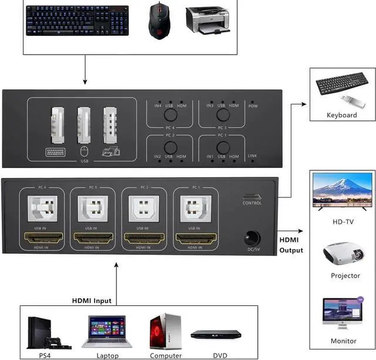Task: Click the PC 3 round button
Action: tap(221, 115)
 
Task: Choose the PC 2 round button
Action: tap(170, 147)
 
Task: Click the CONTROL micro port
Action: tap(251, 197)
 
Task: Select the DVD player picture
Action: tap(216, 334)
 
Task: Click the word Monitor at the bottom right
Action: tap(344, 341)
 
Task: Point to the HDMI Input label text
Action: tap(92, 301)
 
